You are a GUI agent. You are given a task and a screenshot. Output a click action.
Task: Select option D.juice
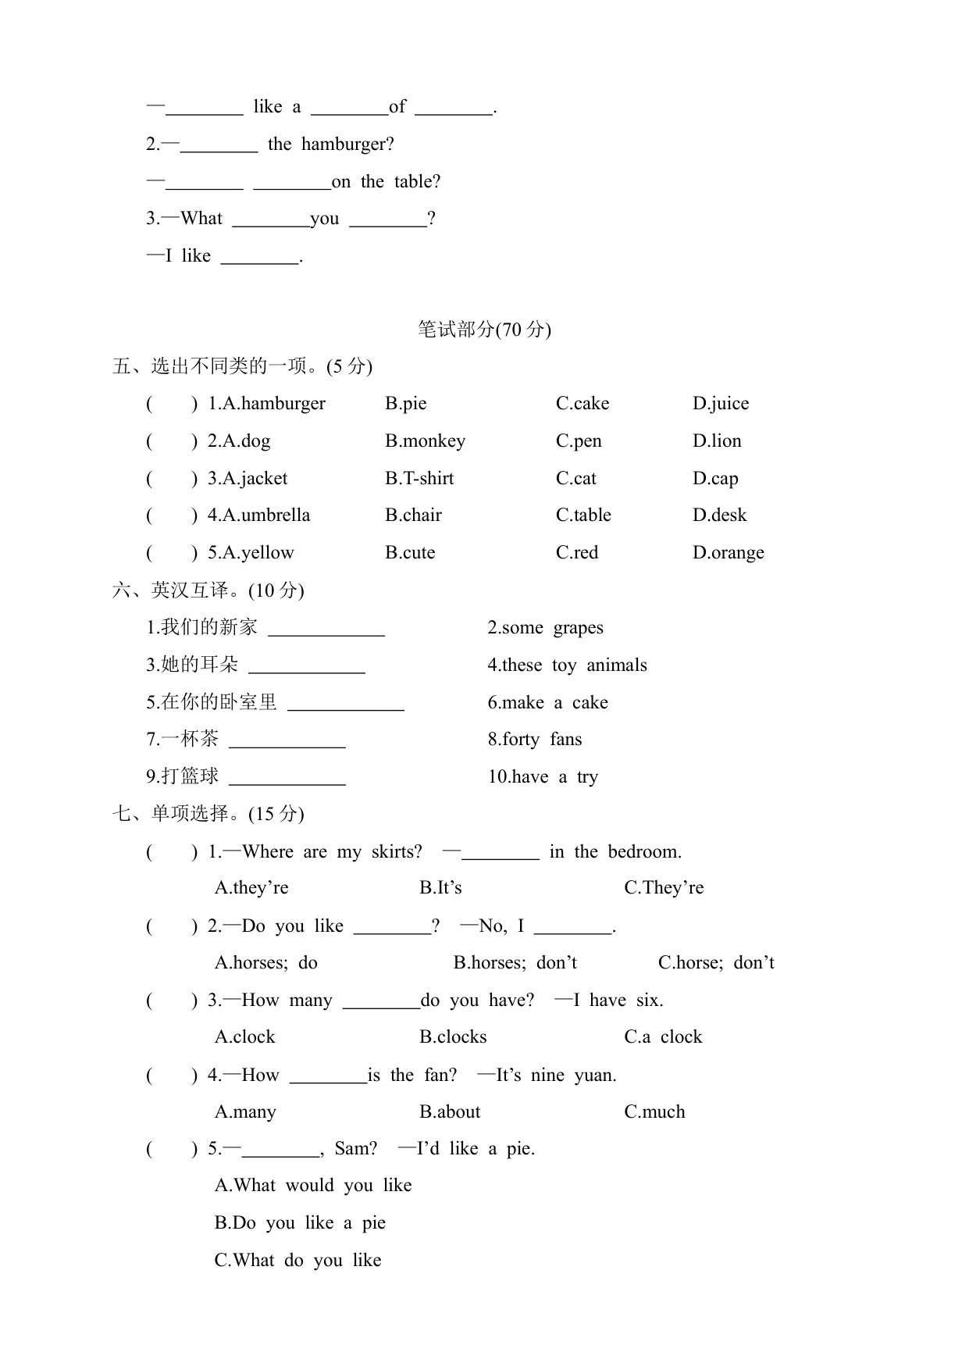pyautogui.click(x=720, y=404)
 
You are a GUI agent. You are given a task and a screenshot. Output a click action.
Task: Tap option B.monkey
pyautogui.click(x=425, y=441)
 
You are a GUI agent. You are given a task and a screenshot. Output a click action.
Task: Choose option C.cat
pyautogui.click(x=575, y=479)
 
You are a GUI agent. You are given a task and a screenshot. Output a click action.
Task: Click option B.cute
pyautogui.click(x=410, y=553)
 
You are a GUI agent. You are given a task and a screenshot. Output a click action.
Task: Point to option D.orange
pyautogui.click(x=728, y=553)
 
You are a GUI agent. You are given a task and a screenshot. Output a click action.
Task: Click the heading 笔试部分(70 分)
pyautogui.click(x=484, y=330)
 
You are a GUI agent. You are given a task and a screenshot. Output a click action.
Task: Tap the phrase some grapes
pyautogui.click(x=545, y=628)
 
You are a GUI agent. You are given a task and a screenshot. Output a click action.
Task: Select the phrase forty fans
pyautogui.click(x=535, y=740)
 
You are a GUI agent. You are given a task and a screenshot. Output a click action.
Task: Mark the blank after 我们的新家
pyautogui.click(x=326, y=630)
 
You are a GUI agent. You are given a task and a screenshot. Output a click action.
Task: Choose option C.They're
pyautogui.click(x=664, y=888)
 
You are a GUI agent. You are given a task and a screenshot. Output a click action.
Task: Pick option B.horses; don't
pyautogui.click(x=515, y=963)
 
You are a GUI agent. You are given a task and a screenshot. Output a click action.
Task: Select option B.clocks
pyautogui.click(x=453, y=1037)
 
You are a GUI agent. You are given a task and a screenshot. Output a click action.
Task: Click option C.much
pyautogui.click(x=654, y=1112)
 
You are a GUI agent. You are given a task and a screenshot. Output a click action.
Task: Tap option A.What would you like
pyautogui.click(x=313, y=1186)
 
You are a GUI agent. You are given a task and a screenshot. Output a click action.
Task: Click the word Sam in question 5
pyautogui.click(x=355, y=1149)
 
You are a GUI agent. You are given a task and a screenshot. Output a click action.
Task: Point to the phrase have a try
pyautogui.click(x=543, y=777)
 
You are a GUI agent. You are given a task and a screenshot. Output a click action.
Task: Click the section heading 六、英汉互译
pyautogui.click(x=208, y=590)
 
